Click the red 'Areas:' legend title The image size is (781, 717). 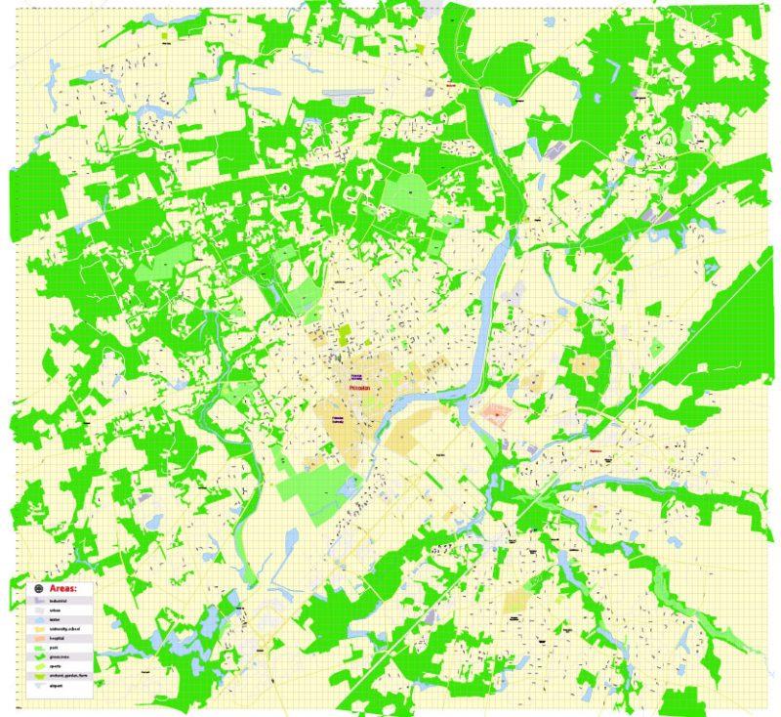(x=63, y=588)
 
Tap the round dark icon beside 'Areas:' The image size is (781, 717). (x=39, y=589)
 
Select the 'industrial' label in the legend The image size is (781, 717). (x=58, y=601)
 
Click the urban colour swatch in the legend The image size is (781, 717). (x=39, y=611)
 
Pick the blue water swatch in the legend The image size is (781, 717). (x=39, y=620)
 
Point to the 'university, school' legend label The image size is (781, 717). (x=64, y=629)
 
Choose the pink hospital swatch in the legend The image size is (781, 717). (x=40, y=639)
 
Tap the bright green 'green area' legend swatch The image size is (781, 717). (x=40, y=657)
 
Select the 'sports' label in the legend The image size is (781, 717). (x=55, y=666)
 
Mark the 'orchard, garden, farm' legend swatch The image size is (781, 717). (x=39, y=676)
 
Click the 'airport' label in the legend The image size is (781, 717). (x=56, y=686)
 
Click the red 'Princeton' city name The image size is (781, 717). (x=361, y=388)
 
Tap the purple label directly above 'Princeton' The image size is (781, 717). (x=360, y=375)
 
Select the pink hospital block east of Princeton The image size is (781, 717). (x=495, y=414)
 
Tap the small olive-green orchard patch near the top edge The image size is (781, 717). (x=420, y=47)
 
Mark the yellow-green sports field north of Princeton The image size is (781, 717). (x=346, y=333)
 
